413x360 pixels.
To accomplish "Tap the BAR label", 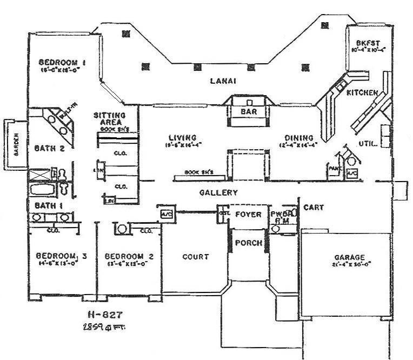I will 248,111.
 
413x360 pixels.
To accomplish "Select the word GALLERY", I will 218,192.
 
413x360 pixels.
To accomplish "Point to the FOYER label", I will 248,215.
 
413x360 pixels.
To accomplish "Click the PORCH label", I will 249,243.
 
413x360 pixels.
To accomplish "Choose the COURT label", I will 195,257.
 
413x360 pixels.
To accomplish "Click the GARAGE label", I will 349,257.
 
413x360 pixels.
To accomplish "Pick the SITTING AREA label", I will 109,119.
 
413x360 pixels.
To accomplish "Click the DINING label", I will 295,137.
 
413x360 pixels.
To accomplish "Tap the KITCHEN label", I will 362,93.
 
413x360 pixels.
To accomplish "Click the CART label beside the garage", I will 313,207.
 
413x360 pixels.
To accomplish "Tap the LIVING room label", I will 182,137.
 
